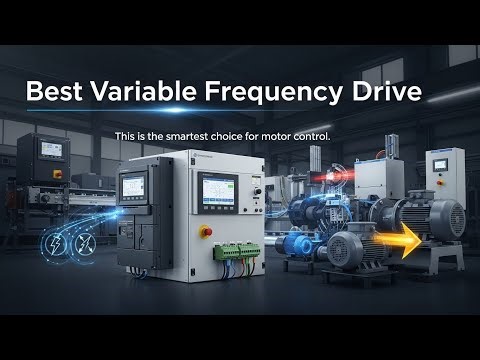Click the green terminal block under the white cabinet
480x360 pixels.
point(239,250)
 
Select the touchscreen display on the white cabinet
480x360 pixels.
point(218,187)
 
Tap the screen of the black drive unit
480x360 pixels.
point(134,185)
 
